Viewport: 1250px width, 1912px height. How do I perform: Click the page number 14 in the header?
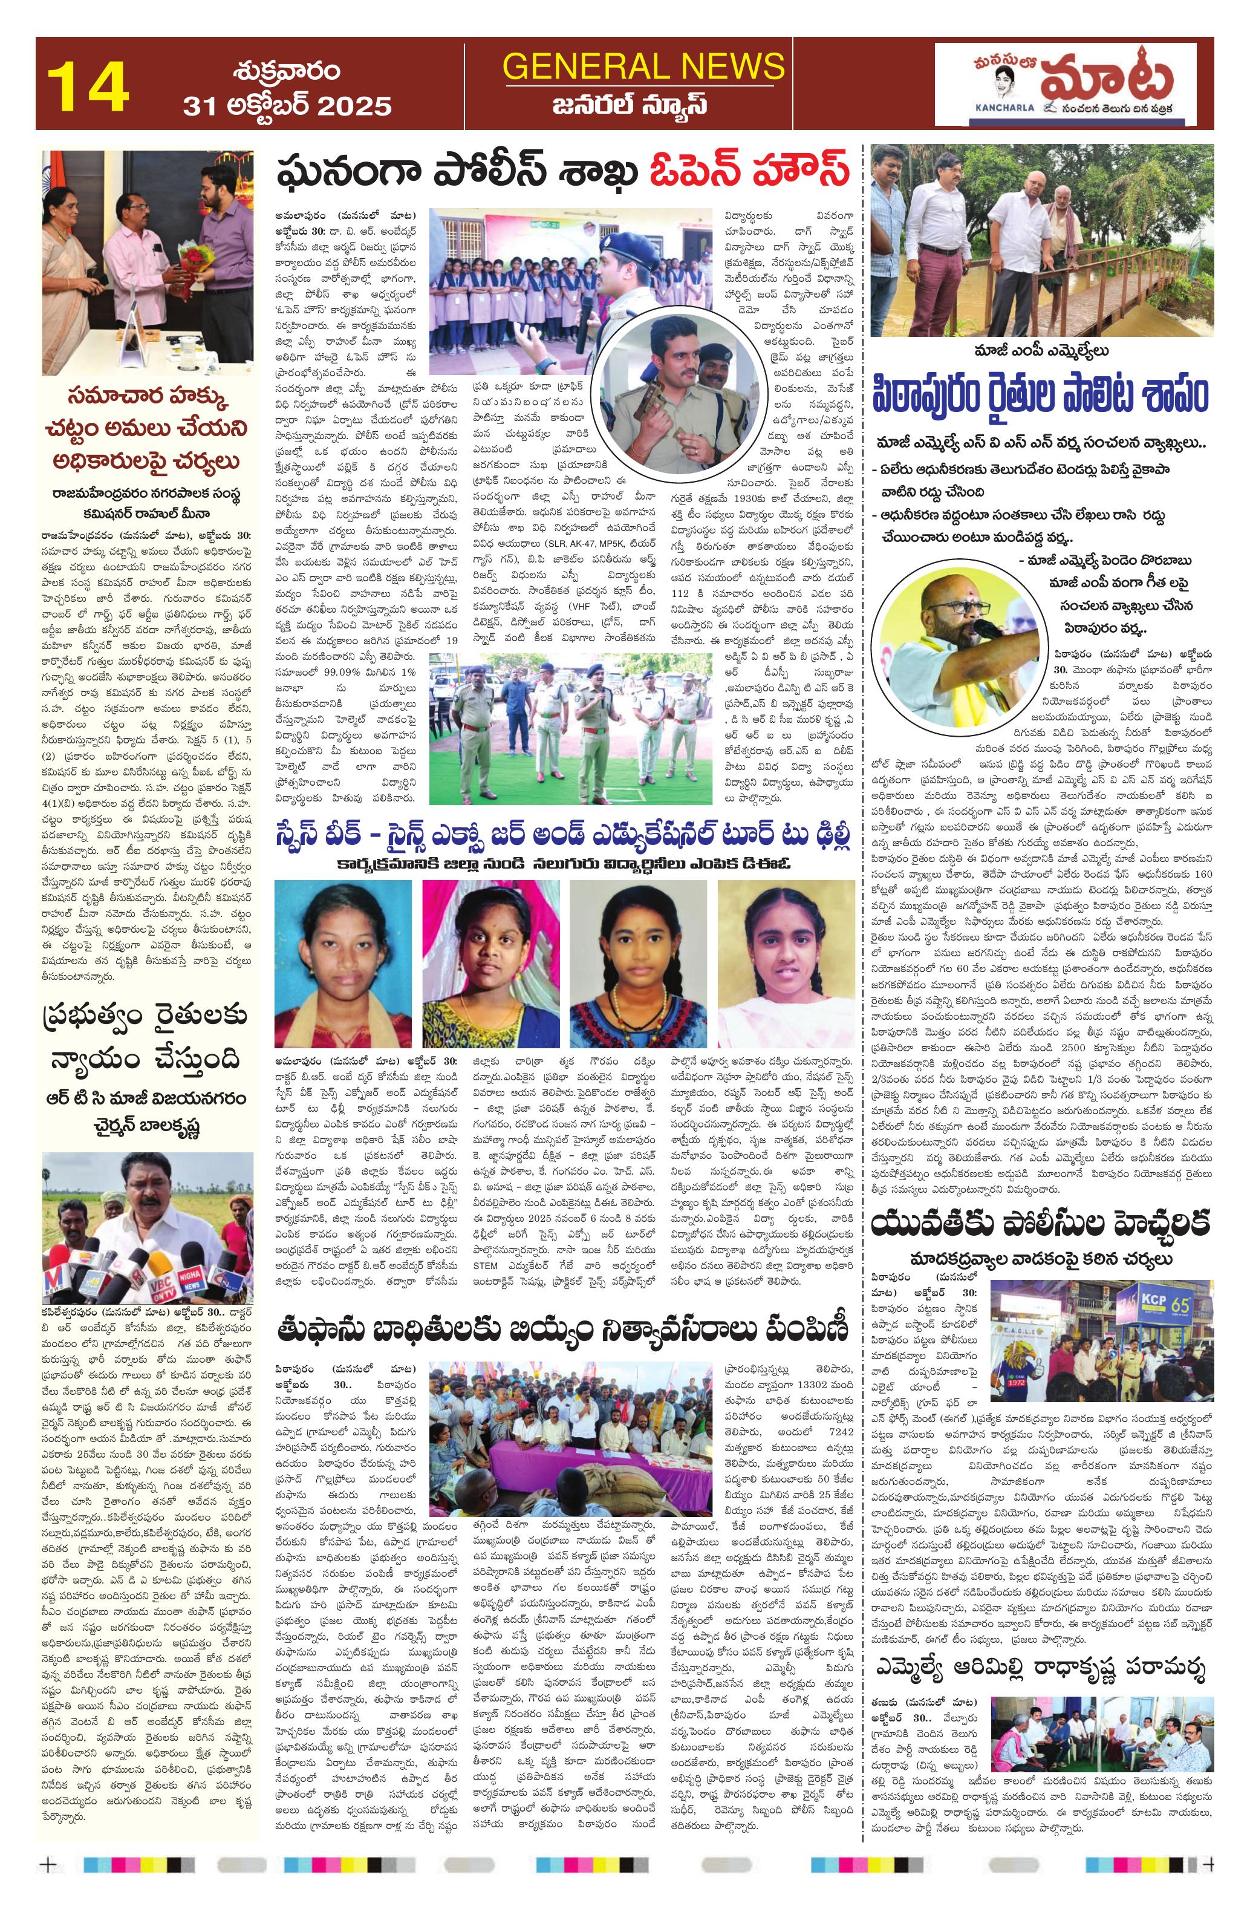pos(88,86)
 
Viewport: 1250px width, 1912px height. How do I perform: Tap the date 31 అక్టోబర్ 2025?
pos(287,105)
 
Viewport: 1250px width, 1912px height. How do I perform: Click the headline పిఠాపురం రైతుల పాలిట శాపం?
pos(1041,397)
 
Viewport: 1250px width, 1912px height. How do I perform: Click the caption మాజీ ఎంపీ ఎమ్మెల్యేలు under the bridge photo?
pos(1041,351)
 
